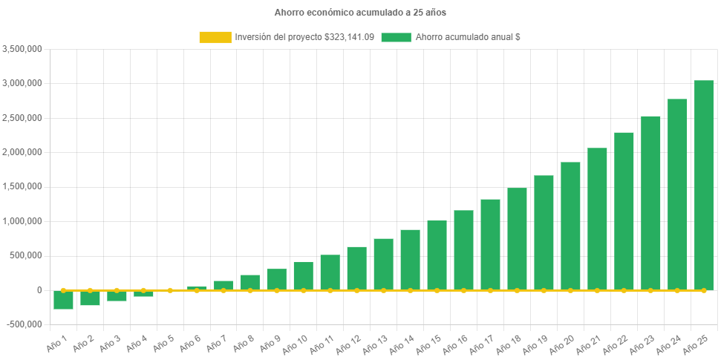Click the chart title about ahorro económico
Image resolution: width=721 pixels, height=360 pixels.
click(x=360, y=13)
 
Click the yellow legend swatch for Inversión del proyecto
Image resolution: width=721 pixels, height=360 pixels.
click(x=215, y=37)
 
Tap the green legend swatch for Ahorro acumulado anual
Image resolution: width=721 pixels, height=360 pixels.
click(x=396, y=37)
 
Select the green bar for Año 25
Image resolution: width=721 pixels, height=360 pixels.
click(x=703, y=185)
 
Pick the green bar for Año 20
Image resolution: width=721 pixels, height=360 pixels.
click(x=570, y=226)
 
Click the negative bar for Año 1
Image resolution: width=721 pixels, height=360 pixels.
click(x=63, y=299)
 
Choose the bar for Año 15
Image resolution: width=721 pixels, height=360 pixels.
click(x=437, y=255)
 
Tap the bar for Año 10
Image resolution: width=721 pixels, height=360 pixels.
click(x=303, y=275)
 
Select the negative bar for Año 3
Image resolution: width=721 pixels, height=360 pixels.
click(x=117, y=295)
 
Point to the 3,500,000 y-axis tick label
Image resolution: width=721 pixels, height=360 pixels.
click(x=22, y=49)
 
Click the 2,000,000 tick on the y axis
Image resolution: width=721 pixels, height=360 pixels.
click(x=22, y=152)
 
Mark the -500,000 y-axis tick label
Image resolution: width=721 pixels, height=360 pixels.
click(x=24, y=324)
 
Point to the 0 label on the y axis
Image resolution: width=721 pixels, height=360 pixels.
click(x=39, y=290)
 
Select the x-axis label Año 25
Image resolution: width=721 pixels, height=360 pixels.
click(x=695, y=343)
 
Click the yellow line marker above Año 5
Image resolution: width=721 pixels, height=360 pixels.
click(x=170, y=290)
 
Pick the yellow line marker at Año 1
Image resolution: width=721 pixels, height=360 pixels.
click(x=63, y=290)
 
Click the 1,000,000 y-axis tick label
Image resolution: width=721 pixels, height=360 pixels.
click(x=22, y=221)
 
